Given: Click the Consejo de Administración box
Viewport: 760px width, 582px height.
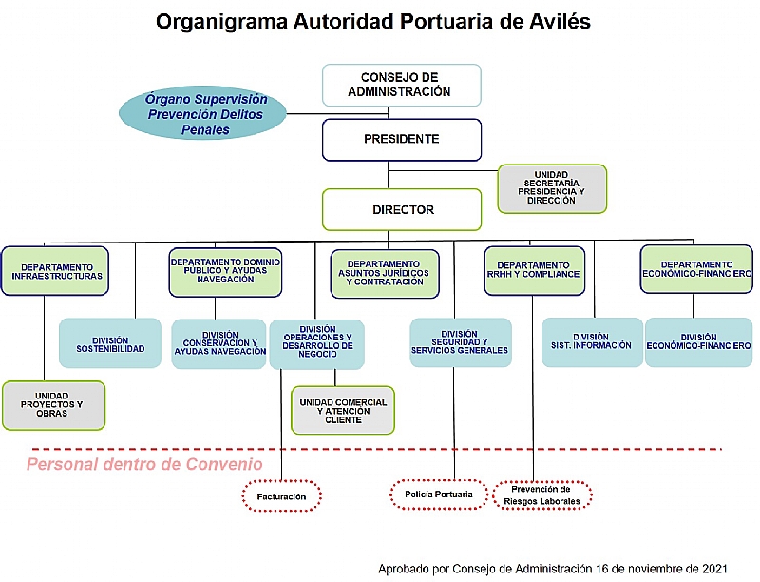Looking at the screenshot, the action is click(401, 85).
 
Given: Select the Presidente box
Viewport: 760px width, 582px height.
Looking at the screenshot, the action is click(401, 140).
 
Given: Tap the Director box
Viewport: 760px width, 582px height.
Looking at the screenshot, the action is click(401, 209).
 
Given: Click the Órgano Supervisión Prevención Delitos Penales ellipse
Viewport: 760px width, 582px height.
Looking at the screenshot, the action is click(202, 113).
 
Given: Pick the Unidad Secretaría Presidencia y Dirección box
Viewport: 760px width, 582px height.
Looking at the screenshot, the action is click(552, 188).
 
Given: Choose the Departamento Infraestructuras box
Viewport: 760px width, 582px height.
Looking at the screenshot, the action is click(55, 271).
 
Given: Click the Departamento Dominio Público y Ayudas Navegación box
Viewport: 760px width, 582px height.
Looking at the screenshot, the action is click(225, 272).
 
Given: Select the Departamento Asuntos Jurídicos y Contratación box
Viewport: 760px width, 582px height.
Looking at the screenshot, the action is click(385, 274).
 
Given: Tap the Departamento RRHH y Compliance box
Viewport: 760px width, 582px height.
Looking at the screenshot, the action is click(534, 271).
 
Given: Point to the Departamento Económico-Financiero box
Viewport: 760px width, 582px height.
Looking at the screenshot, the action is click(696, 269).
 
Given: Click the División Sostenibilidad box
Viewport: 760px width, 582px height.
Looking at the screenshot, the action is click(110, 343).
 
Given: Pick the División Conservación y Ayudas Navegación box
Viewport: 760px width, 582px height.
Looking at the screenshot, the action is click(219, 343).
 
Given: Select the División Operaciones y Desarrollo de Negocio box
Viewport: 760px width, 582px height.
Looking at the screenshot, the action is click(317, 344).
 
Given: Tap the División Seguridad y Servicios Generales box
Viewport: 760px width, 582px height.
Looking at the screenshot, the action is click(461, 342).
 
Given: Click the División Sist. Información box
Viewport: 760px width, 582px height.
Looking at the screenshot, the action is click(592, 342).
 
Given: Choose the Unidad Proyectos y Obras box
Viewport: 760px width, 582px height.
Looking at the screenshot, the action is click(53, 405).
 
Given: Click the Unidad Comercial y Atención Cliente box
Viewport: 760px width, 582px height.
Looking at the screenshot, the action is click(343, 410).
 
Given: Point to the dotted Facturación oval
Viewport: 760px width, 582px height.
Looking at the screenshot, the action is click(281, 495).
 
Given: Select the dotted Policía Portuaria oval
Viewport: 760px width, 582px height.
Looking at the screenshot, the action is click(439, 495).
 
